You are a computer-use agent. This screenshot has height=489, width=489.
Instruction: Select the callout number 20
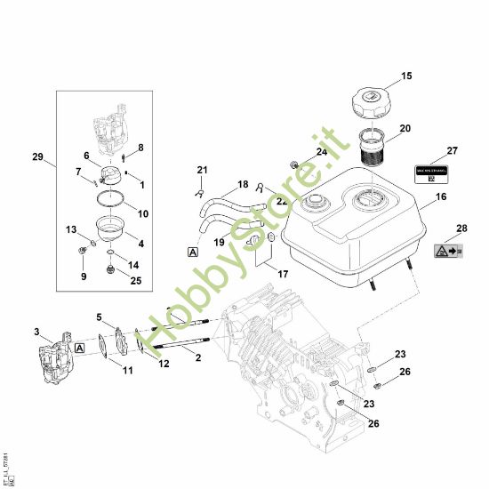pos(405,128)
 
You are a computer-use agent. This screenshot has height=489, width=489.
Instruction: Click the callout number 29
pos(37,157)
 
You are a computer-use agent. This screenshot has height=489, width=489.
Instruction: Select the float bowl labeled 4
pos(115,233)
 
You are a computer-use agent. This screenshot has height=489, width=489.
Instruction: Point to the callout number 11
pos(127,370)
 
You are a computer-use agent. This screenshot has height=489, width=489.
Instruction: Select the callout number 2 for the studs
pos(196,357)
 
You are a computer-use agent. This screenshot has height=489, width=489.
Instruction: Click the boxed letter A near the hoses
pos(193,252)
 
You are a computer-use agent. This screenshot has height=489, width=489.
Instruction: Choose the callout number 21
pos(202,170)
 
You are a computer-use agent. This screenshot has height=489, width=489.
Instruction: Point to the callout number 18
pos(243,184)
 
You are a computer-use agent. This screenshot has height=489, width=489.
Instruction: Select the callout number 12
pos(164,363)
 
